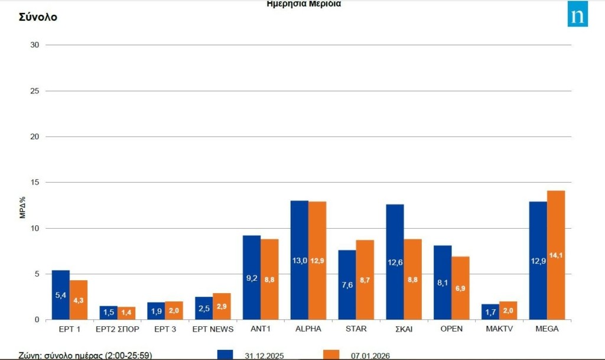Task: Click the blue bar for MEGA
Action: [x=538, y=260]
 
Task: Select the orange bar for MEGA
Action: [x=556, y=255]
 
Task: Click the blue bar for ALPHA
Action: [x=300, y=260]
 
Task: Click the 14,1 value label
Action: [x=556, y=255]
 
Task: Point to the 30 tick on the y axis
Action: [x=34, y=45]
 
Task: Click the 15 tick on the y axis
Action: [x=34, y=182]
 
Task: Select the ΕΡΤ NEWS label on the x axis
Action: [x=213, y=329]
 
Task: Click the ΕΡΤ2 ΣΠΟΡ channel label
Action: [x=117, y=329]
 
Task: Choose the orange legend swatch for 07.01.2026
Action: [x=331, y=355]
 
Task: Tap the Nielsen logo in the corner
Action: [x=577, y=14]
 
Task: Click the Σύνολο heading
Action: [x=38, y=17]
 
